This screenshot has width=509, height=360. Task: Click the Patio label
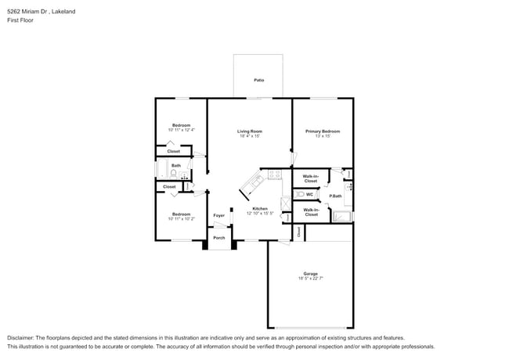tap(258, 80)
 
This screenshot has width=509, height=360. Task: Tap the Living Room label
tap(250, 131)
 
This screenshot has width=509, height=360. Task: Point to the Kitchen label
tap(260, 208)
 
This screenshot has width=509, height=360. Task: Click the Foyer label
tap(219, 215)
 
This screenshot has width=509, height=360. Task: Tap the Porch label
tap(219, 238)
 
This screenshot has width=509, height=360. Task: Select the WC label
tap(309, 194)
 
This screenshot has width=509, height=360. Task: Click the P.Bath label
tap(334, 196)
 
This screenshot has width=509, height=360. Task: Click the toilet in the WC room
tap(299, 194)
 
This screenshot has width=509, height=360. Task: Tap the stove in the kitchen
tap(274, 175)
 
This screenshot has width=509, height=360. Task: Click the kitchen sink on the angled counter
tap(256, 183)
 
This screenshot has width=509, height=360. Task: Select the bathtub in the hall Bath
tap(162, 171)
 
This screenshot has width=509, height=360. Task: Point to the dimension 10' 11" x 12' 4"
tap(182, 130)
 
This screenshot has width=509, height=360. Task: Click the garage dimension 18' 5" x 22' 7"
tap(310, 279)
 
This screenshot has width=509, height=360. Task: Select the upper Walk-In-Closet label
tap(310, 178)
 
